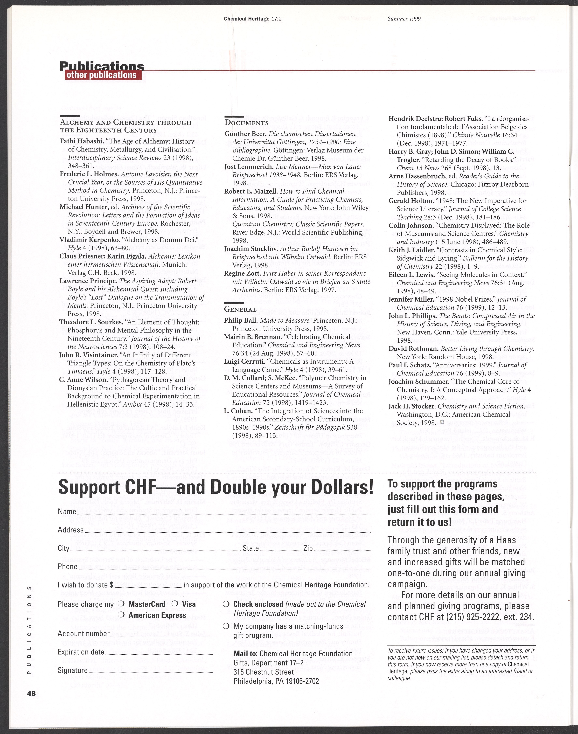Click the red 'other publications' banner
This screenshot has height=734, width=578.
tap(102, 75)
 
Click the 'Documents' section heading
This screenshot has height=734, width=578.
tap(246, 123)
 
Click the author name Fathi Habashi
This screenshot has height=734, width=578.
tap(79, 141)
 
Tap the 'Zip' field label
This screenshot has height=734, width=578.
tap(308, 548)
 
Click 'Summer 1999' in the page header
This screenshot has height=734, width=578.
tap(404, 19)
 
